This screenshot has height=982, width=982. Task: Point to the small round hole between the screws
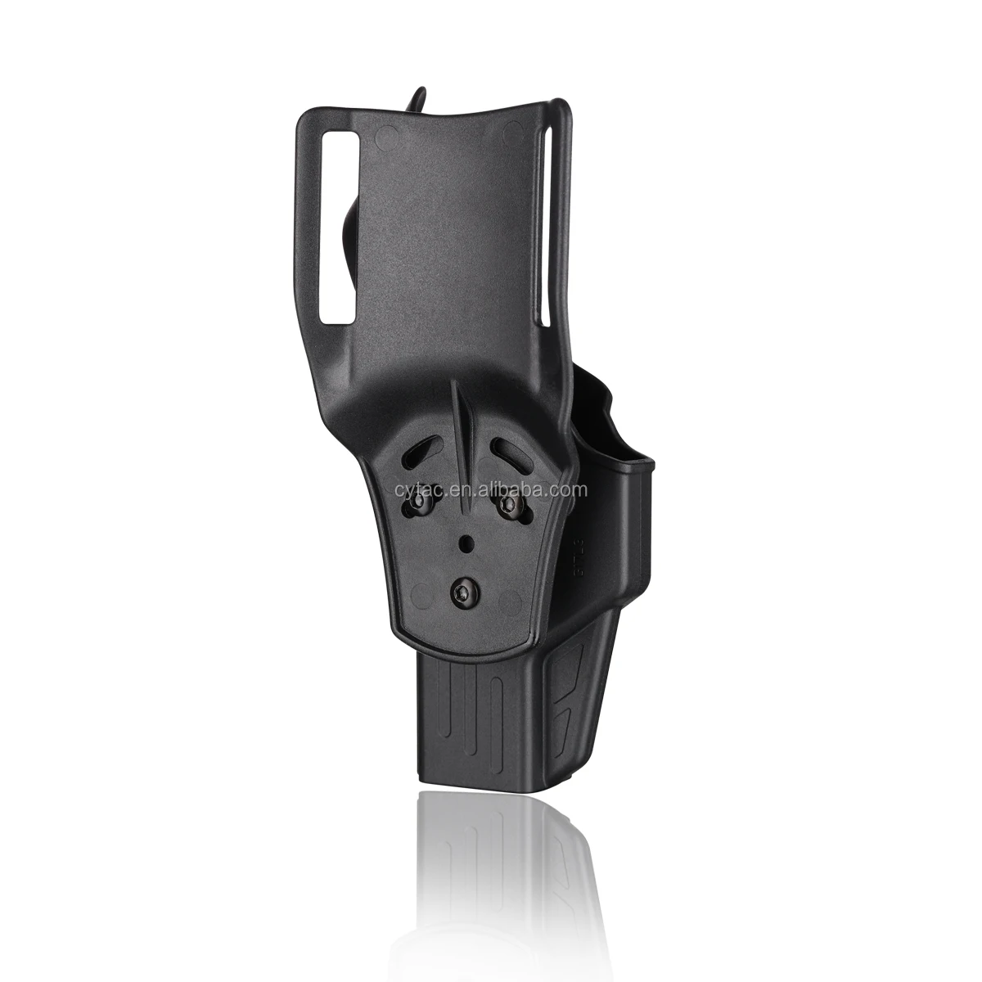tap(465, 541)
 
